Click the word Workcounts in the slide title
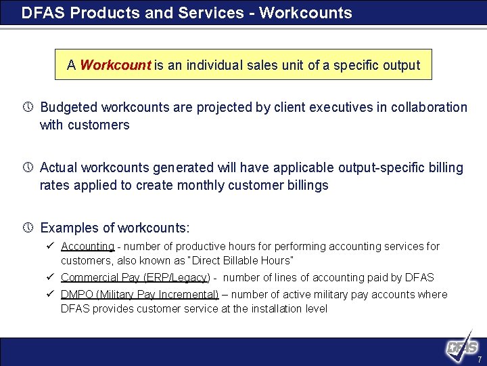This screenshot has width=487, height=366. [x=312, y=13]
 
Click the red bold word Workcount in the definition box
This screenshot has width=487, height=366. [x=115, y=66]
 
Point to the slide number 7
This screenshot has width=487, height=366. [x=479, y=359]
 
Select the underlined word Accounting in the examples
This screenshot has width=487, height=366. [x=87, y=247]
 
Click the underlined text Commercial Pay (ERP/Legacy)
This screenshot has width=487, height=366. [x=135, y=277]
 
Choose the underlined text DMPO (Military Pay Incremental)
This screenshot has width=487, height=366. [x=139, y=294]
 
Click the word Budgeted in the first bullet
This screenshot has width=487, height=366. [x=68, y=108]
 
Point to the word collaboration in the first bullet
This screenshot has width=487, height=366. [x=431, y=108]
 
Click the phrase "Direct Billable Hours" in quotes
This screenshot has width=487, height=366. [x=239, y=260]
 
